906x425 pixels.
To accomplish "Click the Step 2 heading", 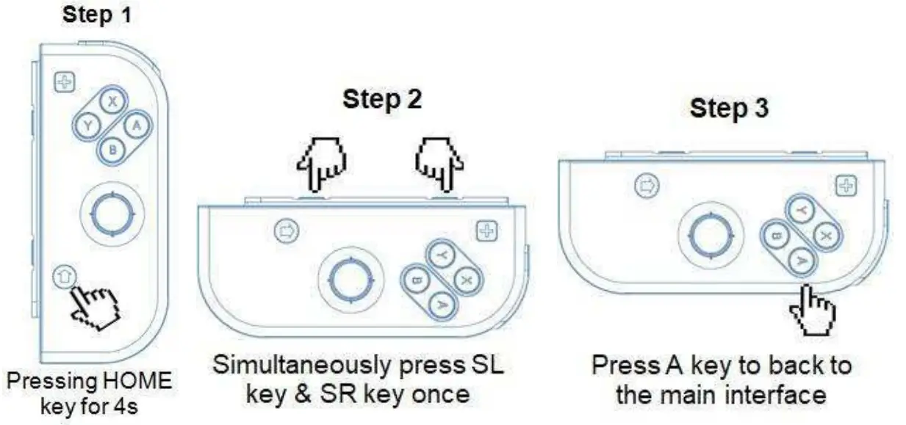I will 382,100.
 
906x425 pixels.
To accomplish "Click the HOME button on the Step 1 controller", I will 64,277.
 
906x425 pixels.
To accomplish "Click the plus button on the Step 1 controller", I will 65,82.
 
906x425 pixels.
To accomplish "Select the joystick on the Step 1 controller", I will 111,213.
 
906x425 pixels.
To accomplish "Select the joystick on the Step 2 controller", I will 350,278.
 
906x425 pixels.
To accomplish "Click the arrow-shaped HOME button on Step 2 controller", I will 285,231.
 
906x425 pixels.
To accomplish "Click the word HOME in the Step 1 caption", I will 133,382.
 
